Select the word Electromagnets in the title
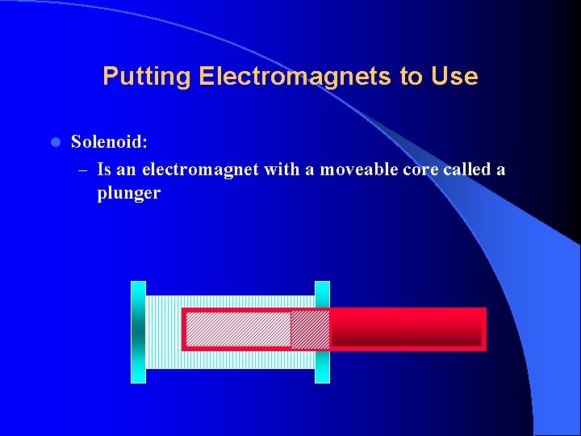point(295,77)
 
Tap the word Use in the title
point(454,77)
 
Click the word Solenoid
point(109,142)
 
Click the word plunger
point(128,194)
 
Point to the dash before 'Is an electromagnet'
point(84,170)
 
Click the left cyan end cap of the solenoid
point(138,332)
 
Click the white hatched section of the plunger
point(238,329)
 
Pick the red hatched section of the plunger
point(310,329)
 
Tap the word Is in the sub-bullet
point(104,170)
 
